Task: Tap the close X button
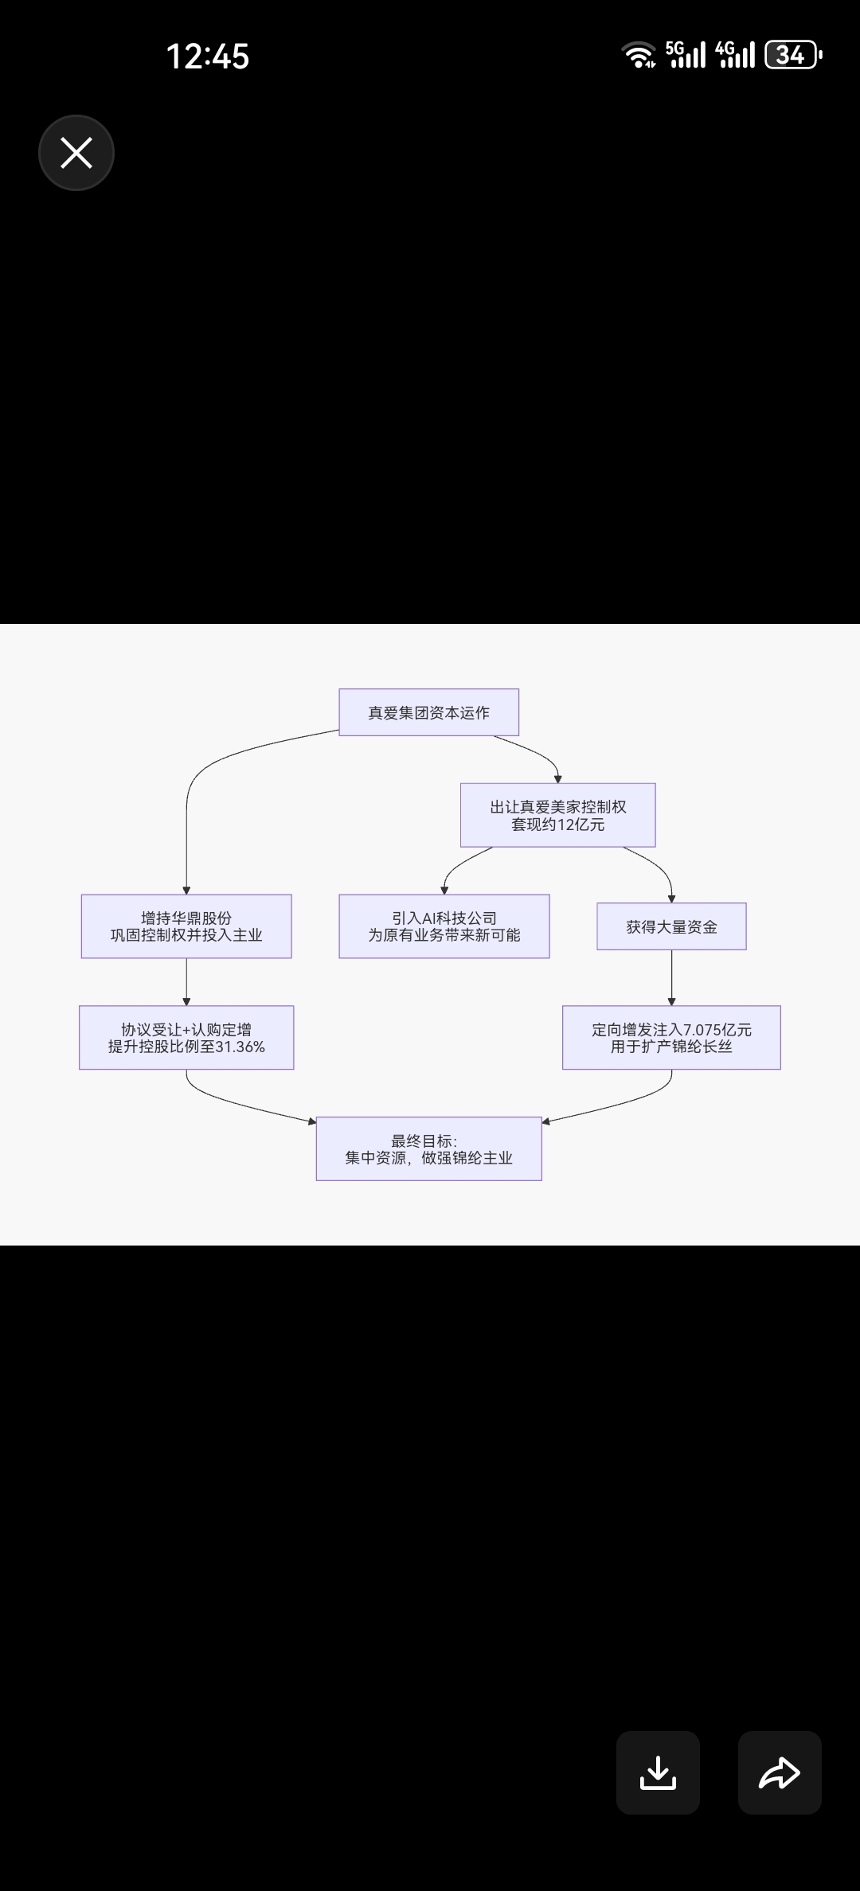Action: point(76,153)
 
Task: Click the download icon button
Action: point(658,1772)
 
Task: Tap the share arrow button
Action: point(780,1772)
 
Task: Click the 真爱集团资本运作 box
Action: point(428,712)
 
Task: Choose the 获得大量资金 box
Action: point(671,926)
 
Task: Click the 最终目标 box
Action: point(428,1148)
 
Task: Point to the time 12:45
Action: point(207,57)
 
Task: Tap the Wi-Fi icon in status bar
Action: point(639,55)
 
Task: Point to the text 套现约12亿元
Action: point(557,825)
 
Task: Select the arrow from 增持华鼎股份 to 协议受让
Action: point(186,981)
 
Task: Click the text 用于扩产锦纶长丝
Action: point(671,1047)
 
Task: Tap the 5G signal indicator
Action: point(685,54)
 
